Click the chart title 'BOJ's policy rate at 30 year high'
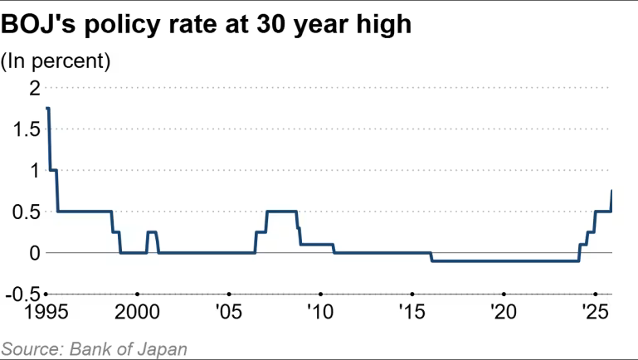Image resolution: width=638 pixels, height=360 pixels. [207, 25]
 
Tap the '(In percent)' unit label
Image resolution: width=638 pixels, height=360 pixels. [56, 61]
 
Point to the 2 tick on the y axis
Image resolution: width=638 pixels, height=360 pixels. [34, 88]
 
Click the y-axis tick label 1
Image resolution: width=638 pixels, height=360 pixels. [34, 170]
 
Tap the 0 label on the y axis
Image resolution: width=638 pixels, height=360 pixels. [34, 253]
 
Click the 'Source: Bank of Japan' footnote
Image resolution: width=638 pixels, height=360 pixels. [93, 348]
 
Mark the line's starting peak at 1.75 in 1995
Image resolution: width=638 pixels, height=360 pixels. [48, 108]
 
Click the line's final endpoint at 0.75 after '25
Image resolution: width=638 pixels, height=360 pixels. [611, 191]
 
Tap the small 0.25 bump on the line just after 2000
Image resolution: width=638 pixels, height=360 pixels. [152, 232]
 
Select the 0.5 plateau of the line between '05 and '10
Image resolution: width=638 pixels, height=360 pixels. [281, 212]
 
